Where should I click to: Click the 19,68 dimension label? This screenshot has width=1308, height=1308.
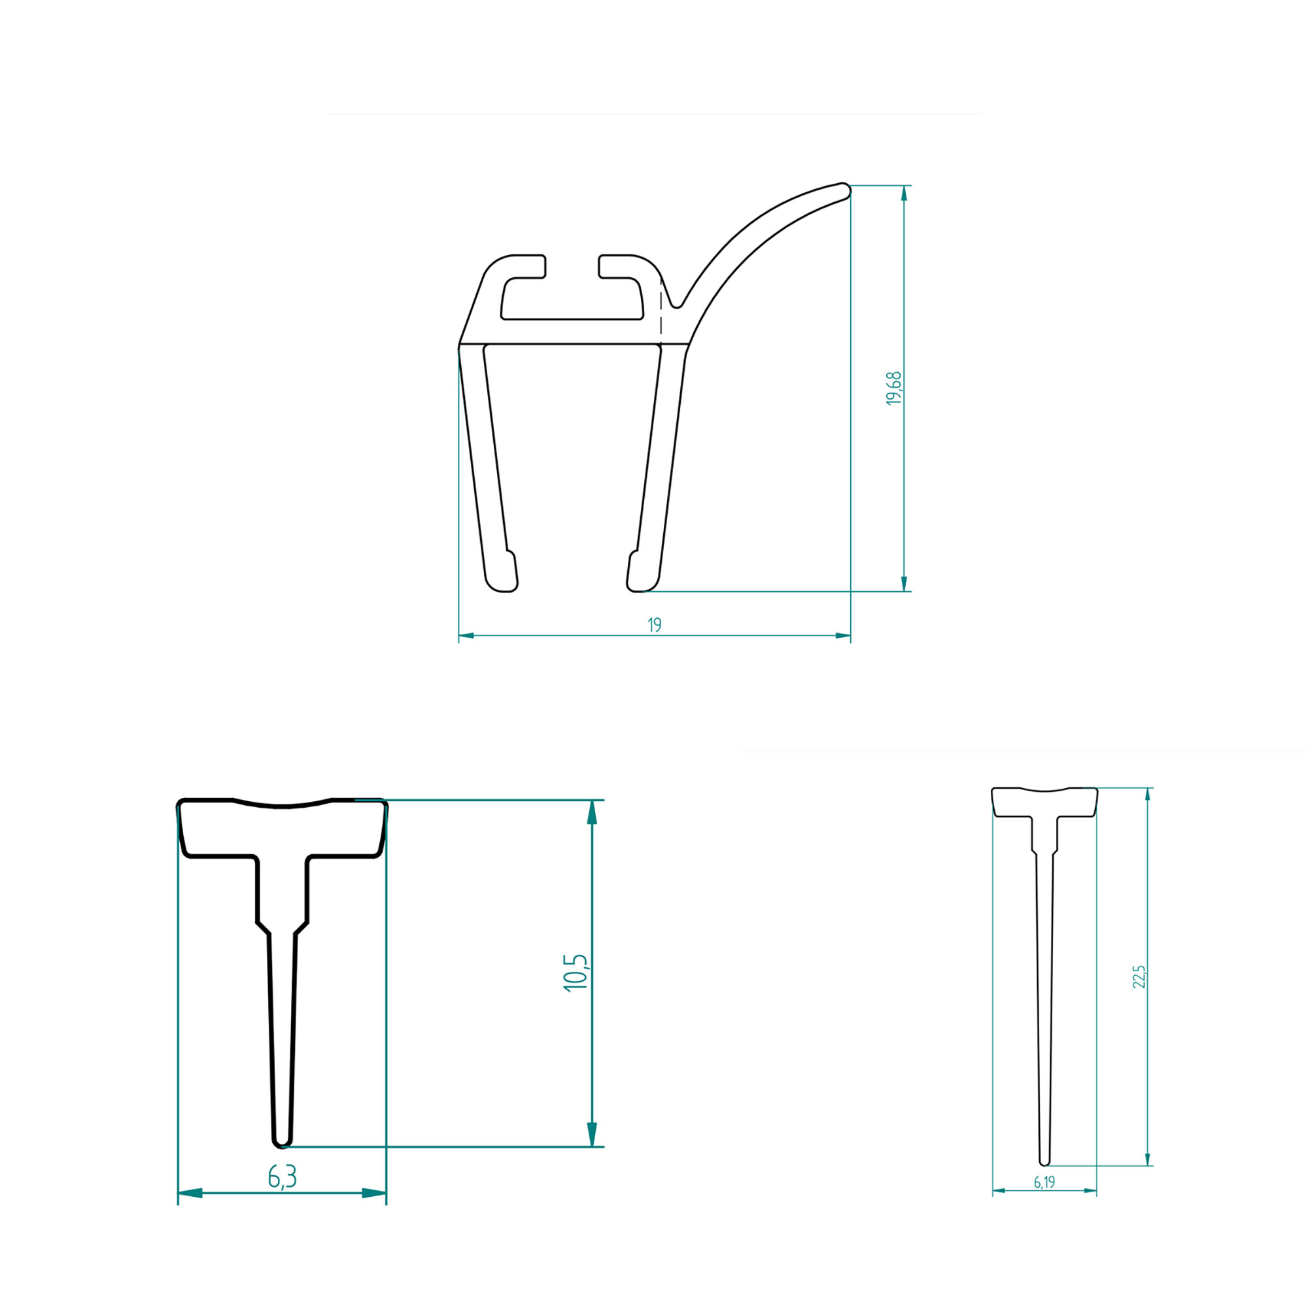(x=894, y=388)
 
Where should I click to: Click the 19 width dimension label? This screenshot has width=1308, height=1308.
(x=654, y=625)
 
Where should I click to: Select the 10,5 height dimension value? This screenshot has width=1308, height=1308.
(x=576, y=973)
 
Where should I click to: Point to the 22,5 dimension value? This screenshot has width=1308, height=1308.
(x=1139, y=977)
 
